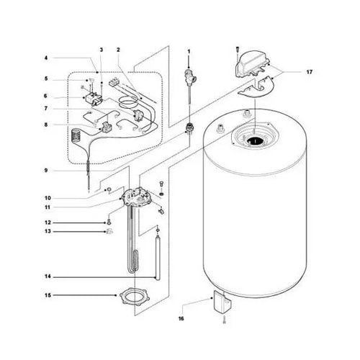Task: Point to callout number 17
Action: [310, 73]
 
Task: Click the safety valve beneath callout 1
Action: [189, 78]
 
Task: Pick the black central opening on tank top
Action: [256, 141]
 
